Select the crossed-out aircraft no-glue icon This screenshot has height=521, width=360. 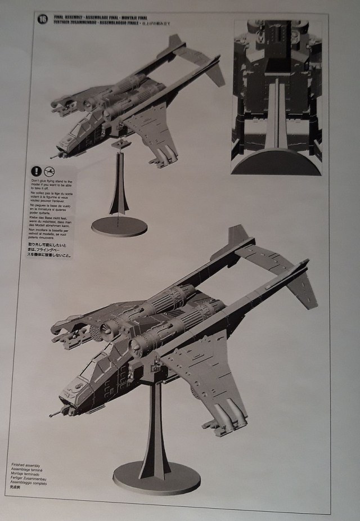pyautogui.click(x=49, y=169)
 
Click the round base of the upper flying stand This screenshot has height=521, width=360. pyautogui.click(x=119, y=226)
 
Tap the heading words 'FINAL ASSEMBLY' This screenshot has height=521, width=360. pyautogui.click(x=67, y=17)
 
